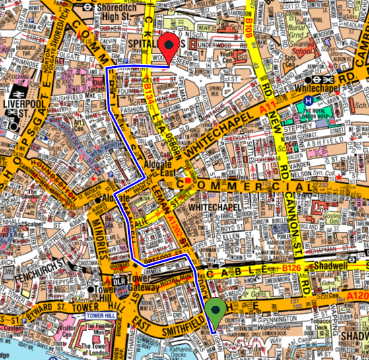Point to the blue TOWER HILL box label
coord(100,316)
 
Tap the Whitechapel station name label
coord(318,87)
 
